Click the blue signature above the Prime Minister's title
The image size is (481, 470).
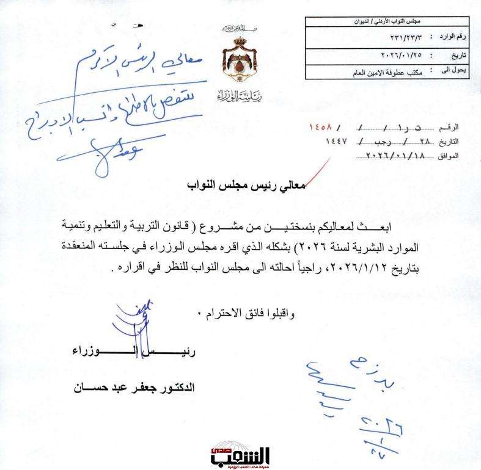click(138, 324)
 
